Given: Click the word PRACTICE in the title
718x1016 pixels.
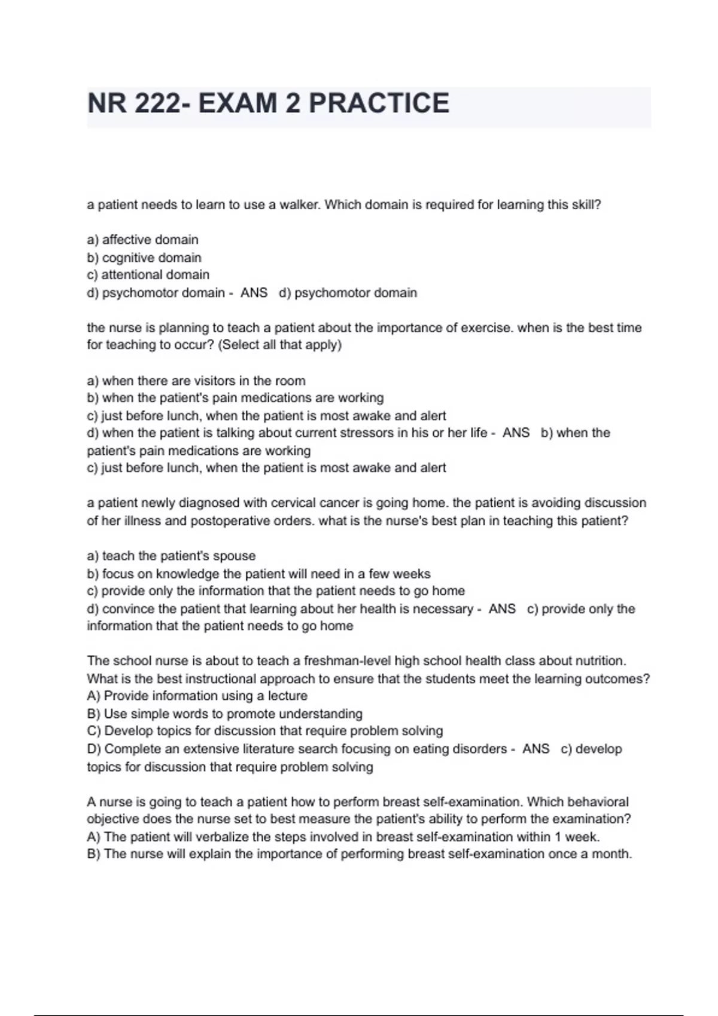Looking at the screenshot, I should (x=379, y=103).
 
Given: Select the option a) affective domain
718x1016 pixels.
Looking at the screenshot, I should (x=142, y=240).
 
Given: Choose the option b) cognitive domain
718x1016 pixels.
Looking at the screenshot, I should (x=144, y=258).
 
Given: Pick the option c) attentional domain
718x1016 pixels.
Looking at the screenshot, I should (x=148, y=275).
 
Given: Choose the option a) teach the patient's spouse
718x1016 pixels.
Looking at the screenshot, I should (x=171, y=556).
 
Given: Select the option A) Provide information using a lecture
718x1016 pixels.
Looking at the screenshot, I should (x=197, y=696).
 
